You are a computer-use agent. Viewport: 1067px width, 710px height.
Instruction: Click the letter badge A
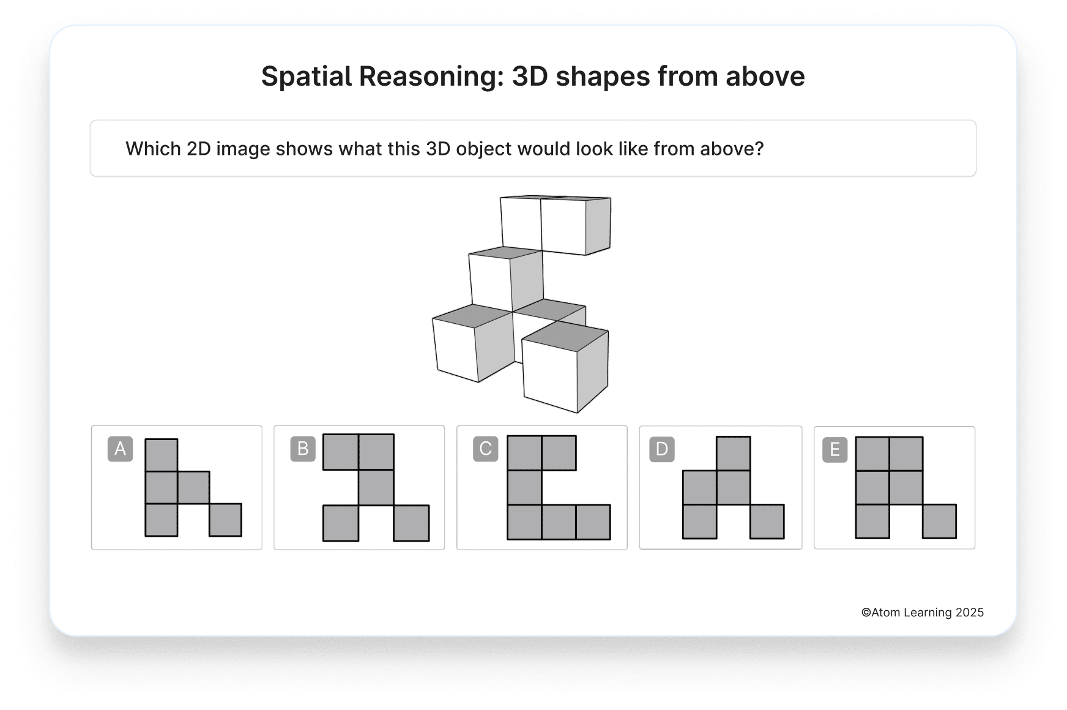pyautogui.click(x=120, y=449)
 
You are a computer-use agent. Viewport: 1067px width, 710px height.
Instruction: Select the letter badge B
pyautogui.click(x=303, y=449)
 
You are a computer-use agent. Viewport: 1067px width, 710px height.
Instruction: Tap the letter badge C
pyautogui.click(x=485, y=449)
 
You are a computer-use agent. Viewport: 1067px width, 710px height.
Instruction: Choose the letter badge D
pyautogui.click(x=661, y=449)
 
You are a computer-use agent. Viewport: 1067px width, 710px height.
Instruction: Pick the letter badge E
pyautogui.click(x=835, y=450)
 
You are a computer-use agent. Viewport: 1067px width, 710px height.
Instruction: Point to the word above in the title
pyautogui.click(x=765, y=77)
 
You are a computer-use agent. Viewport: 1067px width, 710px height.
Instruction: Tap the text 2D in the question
pyautogui.click(x=199, y=149)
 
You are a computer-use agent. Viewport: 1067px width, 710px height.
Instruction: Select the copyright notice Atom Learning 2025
pyautogui.click(x=922, y=612)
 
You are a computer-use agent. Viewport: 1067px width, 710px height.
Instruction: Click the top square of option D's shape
pyautogui.click(x=733, y=454)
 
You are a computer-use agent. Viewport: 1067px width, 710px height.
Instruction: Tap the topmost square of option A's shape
pyautogui.click(x=162, y=455)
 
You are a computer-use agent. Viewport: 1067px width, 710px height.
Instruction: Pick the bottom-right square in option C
pyautogui.click(x=593, y=522)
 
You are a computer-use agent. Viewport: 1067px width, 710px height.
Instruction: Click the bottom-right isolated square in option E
pyautogui.click(x=939, y=521)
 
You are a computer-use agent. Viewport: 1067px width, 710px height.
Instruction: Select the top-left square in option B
pyautogui.click(x=341, y=452)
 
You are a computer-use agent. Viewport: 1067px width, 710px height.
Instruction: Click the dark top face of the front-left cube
pyautogui.click(x=472, y=315)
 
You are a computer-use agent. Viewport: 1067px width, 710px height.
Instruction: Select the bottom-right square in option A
pyautogui.click(x=225, y=520)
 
